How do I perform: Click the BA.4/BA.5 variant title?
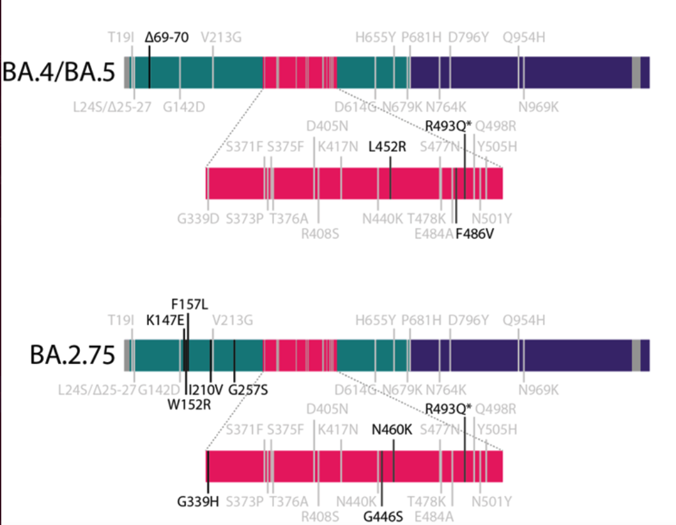[59, 73]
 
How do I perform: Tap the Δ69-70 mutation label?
[167, 37]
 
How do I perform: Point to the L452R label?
[387, 147]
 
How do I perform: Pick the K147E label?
[165, 318]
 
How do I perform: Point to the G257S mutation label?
[248, 389]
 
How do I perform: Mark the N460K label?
[392, 430]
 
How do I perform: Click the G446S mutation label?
[383, 516]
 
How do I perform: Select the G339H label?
[198, 501]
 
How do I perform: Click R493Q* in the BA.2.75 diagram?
[449, 409]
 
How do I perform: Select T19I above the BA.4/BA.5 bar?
[121, 37]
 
